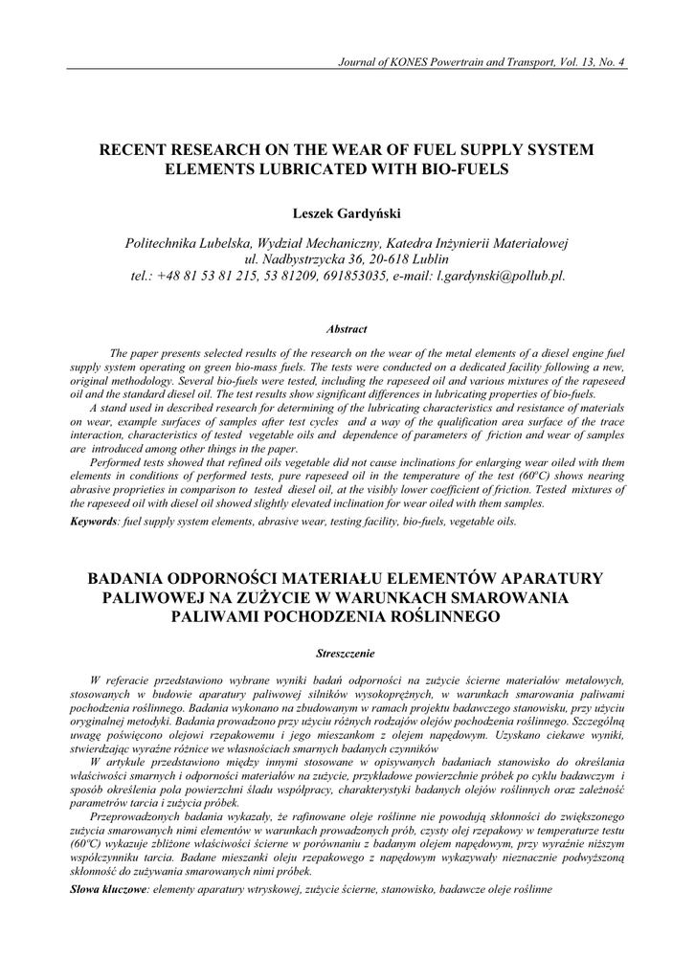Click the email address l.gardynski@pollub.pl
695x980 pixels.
[x=502, y=276]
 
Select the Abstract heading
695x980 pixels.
[x=347, y=328]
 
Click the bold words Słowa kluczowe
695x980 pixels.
[x=107, y=890]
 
